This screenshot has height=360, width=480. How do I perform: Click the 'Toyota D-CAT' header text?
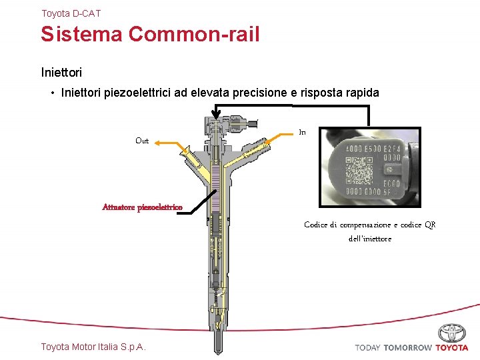coord(71,13)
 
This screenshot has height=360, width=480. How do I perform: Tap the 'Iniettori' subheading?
coord(61,70)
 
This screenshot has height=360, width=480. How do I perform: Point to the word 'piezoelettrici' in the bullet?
coord(137,93)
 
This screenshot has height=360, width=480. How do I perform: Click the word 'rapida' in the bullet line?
coord(360,93)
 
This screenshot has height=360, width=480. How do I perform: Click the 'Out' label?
coord(142,141)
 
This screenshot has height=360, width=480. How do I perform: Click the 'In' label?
coord(302,133)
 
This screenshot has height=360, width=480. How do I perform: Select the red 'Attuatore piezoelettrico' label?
coord(142,207)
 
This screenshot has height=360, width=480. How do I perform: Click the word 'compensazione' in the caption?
coord(365,225)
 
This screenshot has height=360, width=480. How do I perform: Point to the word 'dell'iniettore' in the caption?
coord(370,239)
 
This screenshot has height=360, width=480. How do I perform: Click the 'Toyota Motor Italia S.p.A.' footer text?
coord(93,347)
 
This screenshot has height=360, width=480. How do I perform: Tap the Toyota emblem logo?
coord(452,333)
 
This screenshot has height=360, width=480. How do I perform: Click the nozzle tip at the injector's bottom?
coord(217,343)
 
